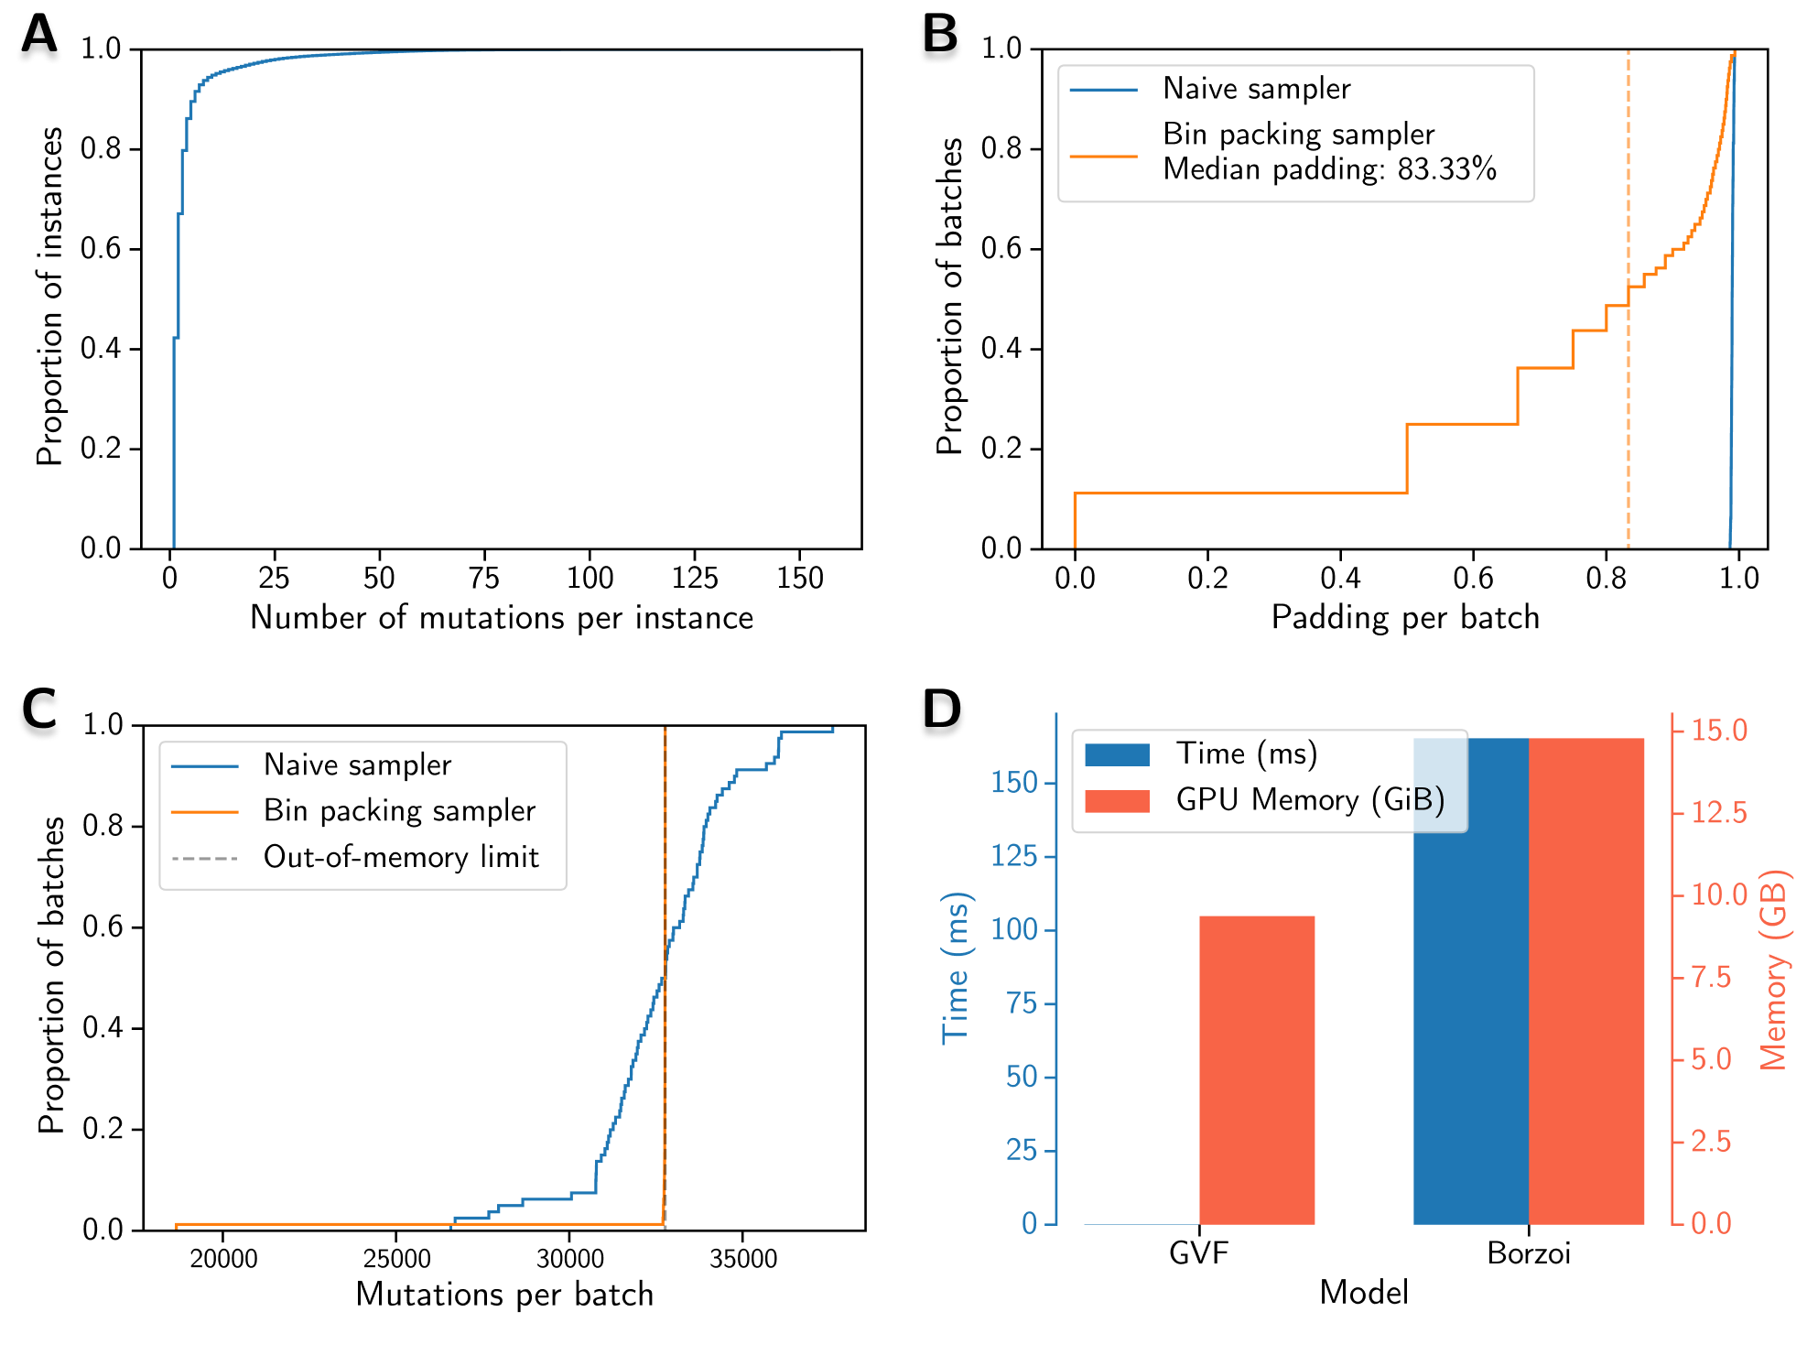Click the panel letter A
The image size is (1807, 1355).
[x=38, y=34]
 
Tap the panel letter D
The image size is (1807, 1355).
[x=942, y=710]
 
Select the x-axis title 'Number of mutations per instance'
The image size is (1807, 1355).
[x=502, y=618]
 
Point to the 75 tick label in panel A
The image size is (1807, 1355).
[x=483, y=579]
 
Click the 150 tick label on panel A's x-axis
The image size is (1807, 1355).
[x=799, y=579]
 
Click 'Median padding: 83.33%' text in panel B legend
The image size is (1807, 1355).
[x=1329, y=169]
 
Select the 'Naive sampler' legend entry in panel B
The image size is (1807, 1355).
[x=1256, y=89]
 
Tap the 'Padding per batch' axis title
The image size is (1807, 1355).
[x=1405, y=618]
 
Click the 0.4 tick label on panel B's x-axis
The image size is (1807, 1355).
[x=1340, y=579]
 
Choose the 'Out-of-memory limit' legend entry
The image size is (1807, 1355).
[x=401, y=858]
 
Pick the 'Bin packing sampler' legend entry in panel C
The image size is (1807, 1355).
[x=399, y=811]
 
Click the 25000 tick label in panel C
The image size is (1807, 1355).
[x=396, y=1259]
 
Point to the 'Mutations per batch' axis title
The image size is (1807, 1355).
[x=504, y=1295]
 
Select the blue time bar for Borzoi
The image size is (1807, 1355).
[x=1470, y=1007]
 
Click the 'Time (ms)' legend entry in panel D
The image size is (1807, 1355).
[x=1247, y=753]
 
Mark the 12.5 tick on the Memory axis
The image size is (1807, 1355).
[x=1718, y=813]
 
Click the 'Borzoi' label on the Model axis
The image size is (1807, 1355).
[x=1529, y=1252]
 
